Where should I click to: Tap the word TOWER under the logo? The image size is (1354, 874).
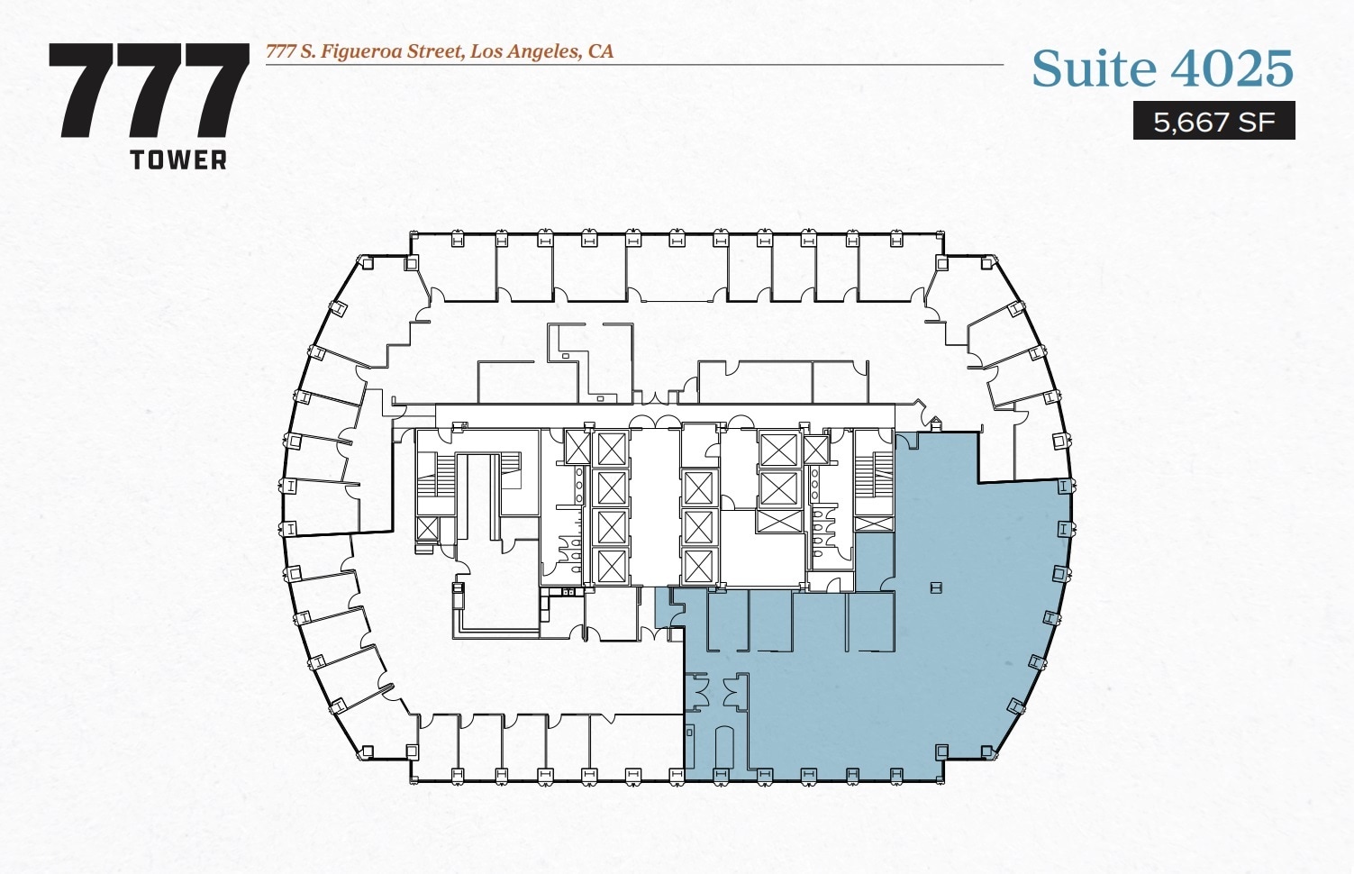(x=178, y=160)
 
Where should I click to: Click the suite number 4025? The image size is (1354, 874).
(x=1233, y=69)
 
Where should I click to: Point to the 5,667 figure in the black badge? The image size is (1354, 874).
(x=1191, y=122)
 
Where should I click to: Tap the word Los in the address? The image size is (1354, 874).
(x=486, y=51)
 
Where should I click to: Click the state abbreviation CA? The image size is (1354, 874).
(x=601, y=51)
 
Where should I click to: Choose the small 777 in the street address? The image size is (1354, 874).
(x=281, y=51)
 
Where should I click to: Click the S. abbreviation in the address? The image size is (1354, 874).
(x=308, y=51)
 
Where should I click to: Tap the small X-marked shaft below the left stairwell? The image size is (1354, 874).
(x=426, y=528)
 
